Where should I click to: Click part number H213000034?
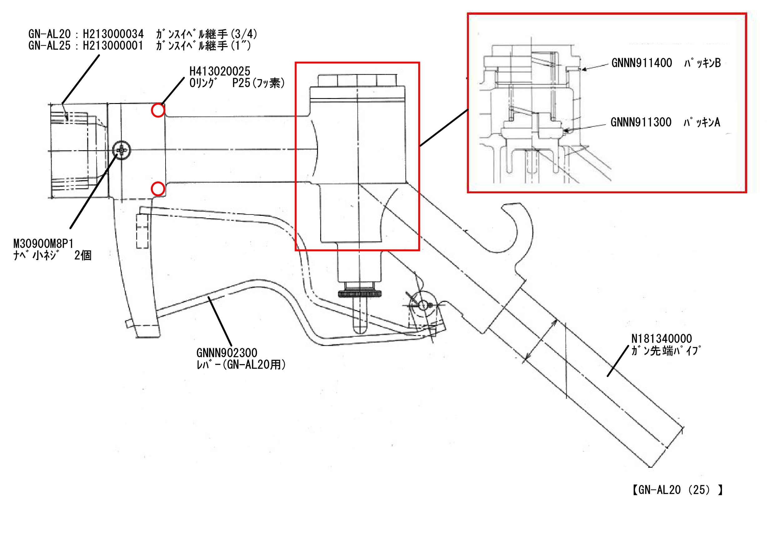(113, 34)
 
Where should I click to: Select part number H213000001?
(113, 46)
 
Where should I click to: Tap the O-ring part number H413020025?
(220, 71)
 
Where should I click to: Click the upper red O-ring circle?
(158, 110)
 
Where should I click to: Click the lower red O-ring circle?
(158, 189)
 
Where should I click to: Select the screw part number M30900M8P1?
(43, 243)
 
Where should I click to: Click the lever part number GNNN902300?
(227, 353)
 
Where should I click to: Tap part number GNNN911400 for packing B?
(642, 63)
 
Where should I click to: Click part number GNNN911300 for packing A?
(641, 122)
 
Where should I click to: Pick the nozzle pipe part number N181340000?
(662, 338)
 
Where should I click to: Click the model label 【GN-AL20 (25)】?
(677, 490)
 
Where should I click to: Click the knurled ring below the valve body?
(360, 294)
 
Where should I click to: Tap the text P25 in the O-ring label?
(241, 83)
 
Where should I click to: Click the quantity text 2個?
(83, 255)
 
